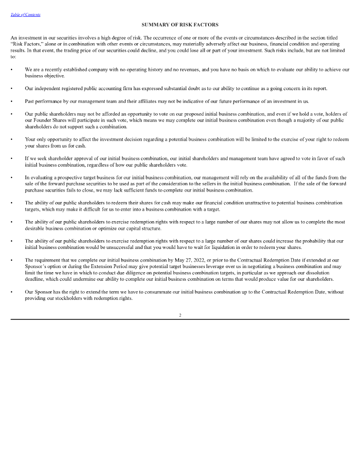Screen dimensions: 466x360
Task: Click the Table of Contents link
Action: (25, 15)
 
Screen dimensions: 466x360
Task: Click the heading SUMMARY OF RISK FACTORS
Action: (180, 25)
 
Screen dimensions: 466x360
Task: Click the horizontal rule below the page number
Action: (180, 319)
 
